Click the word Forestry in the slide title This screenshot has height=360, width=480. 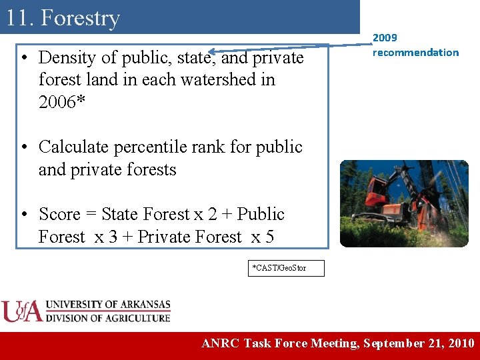point(80,18)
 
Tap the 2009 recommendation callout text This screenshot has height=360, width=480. point(415,45)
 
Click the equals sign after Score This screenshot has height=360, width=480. point(90,215)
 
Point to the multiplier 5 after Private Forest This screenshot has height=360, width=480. point(269,237)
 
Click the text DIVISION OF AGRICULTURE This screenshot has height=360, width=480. point(108,318)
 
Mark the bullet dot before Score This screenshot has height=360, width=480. point(24,215)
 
